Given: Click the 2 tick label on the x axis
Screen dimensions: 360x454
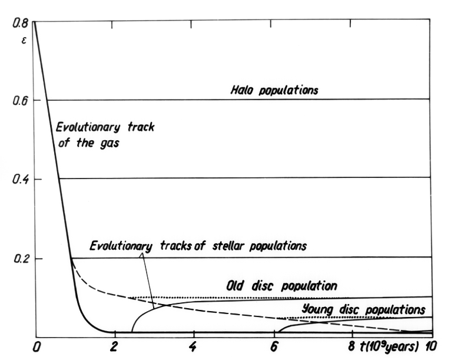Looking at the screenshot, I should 115,346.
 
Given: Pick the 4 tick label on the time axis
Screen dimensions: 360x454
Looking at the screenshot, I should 193,346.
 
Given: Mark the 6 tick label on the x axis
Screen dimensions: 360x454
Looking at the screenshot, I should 273,346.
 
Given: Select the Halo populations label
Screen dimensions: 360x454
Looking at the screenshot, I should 274,90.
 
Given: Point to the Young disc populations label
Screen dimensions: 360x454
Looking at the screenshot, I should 363,308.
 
